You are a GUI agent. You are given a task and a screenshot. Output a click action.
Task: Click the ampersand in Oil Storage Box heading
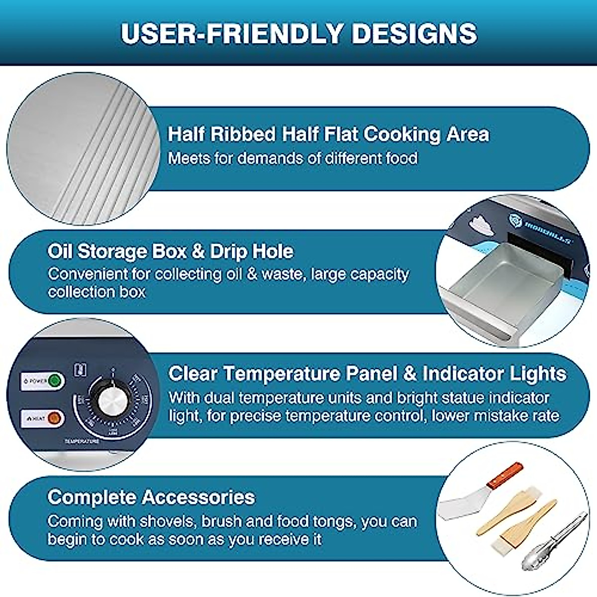coord(198,251)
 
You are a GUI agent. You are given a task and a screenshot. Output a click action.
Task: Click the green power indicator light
coord(55,381)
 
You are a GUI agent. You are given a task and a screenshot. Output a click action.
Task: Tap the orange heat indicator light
coord(55,418)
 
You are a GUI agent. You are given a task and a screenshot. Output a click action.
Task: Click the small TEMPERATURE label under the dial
coord(82,441)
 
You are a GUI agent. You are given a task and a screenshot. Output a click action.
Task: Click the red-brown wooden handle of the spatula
coord(505,475)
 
